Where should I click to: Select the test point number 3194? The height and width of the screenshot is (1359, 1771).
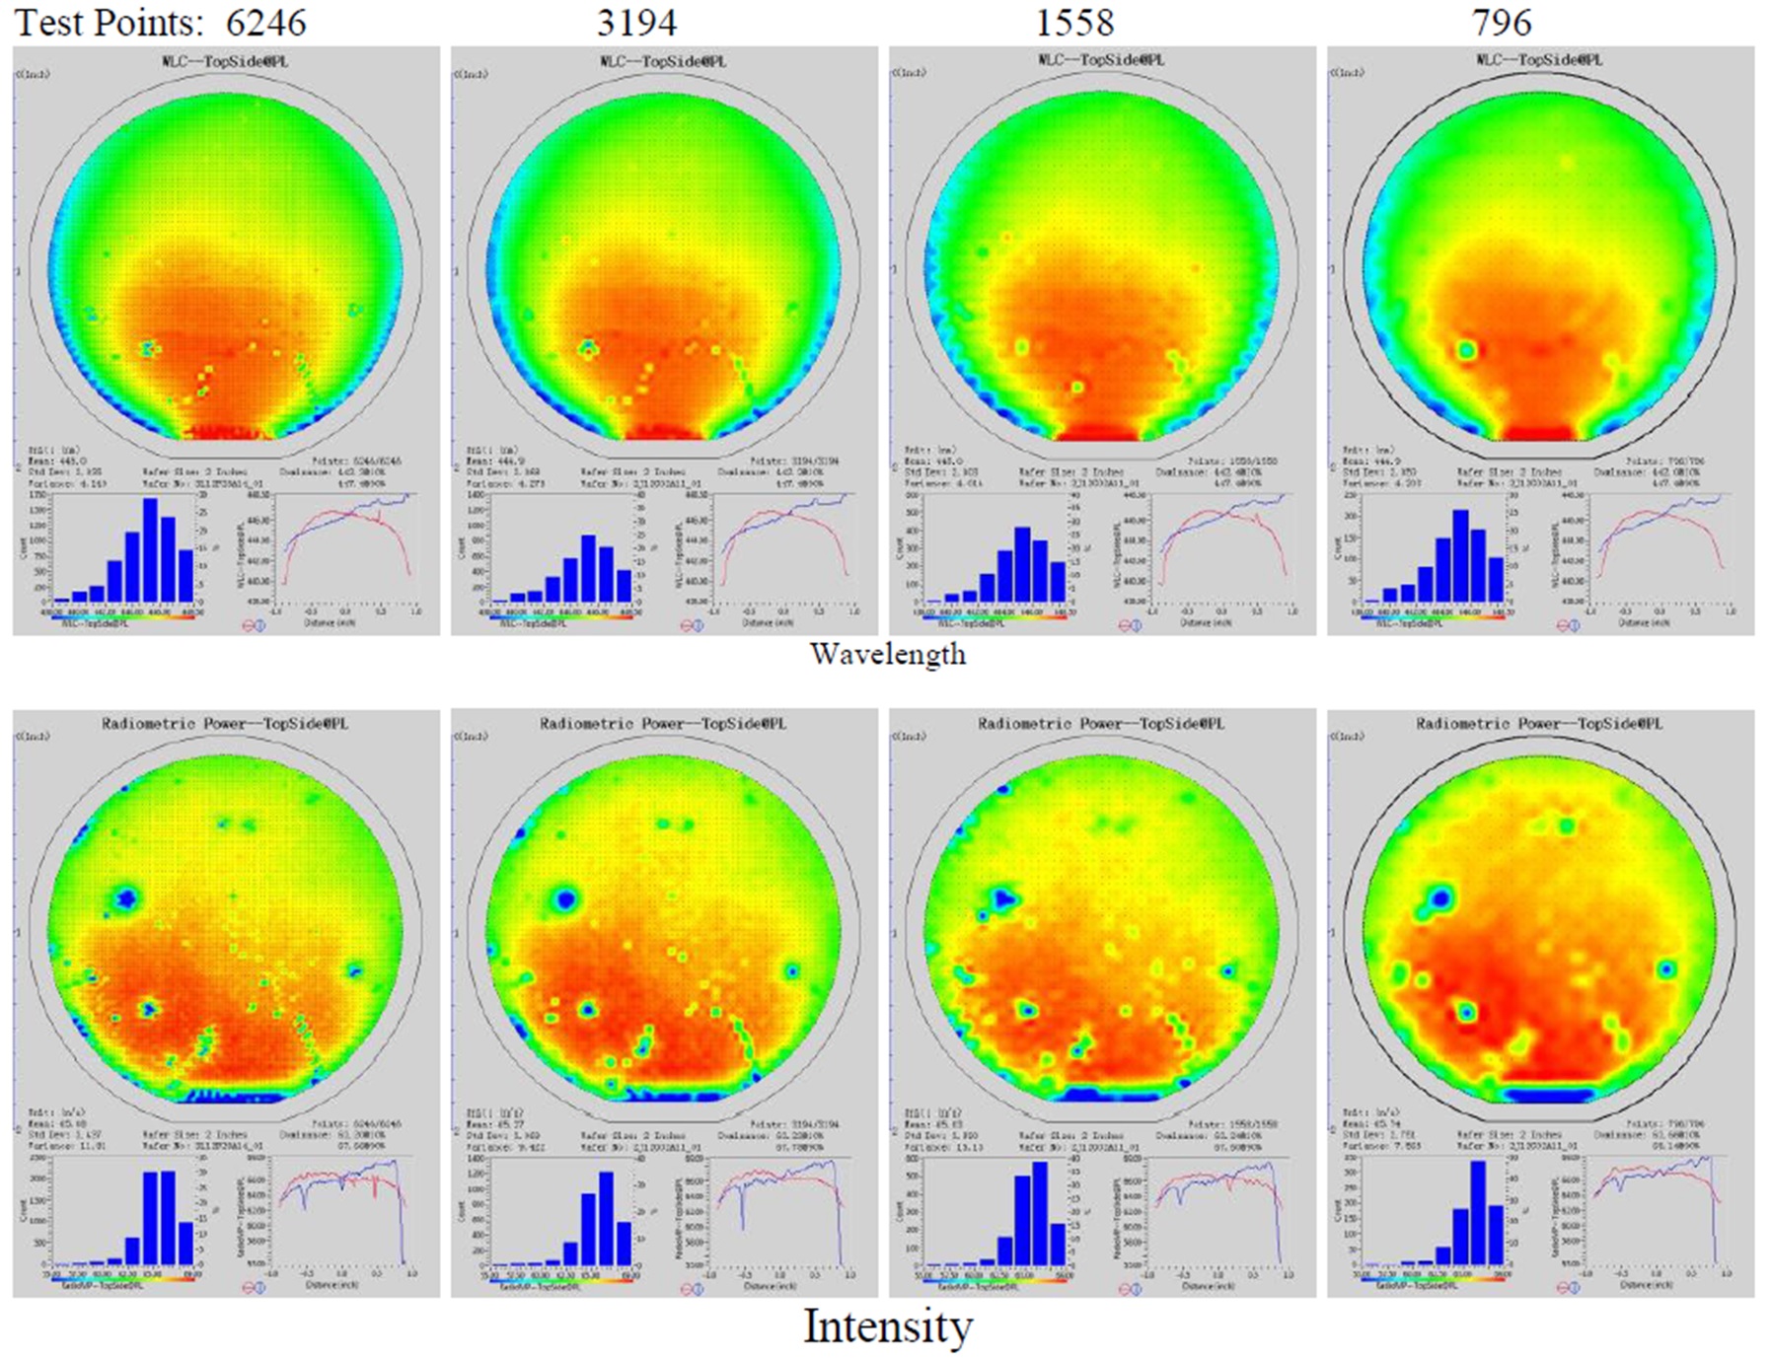tap(636, 23)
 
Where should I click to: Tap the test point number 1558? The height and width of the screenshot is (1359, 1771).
tap(1074, 23)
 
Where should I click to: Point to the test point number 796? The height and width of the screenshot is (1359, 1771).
tap(1501, 23)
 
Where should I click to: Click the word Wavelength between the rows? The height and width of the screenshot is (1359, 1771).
tap(888, 654)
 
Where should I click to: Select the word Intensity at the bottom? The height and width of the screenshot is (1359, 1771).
tap(888, 1326)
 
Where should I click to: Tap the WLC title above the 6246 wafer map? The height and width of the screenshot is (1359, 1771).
tap(225, 61)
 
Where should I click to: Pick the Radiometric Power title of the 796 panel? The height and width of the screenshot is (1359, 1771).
tap(1539, 724)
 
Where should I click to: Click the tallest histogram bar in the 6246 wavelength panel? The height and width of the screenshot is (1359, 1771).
tap(151, 550)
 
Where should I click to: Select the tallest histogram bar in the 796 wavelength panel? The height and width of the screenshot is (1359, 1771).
tap(1461, 555)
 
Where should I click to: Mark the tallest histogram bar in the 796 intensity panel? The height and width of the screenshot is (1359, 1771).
tap(1478, 1213)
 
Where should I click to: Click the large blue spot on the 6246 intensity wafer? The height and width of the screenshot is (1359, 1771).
tap(126, 898)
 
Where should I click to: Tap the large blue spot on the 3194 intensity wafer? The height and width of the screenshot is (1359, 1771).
tap(565, 898)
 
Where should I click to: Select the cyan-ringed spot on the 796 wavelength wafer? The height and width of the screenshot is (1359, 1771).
tap(1466, 350)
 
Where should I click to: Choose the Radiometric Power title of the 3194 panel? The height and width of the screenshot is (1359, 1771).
tap(663, 724)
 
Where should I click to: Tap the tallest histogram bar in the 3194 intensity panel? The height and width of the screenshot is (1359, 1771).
tap(606, 1219)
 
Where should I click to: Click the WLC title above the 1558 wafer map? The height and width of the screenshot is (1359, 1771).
tap(1101, 61)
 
